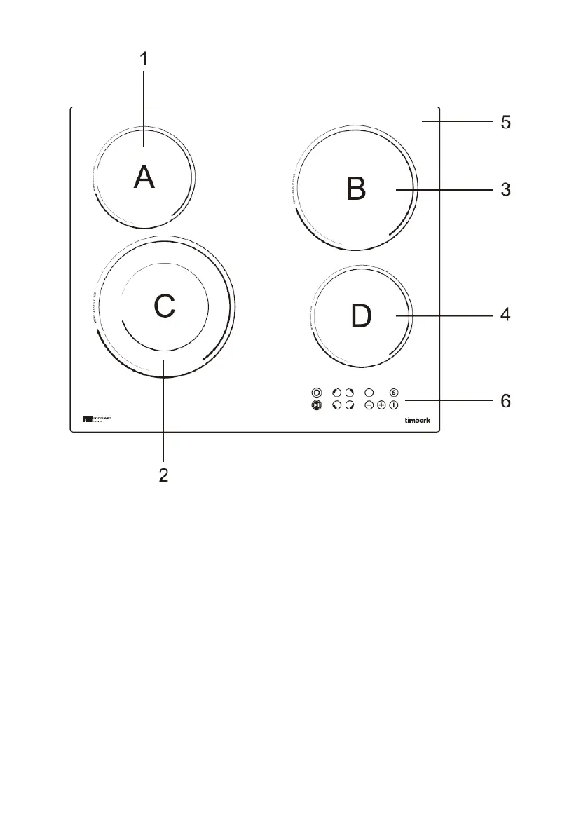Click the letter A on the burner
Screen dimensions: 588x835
click(x=144, y=177)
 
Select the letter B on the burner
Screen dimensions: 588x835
click(x=357, y=189)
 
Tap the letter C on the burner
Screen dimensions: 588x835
click(x=164, y=306)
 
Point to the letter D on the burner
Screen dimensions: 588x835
click(x=362, y=316)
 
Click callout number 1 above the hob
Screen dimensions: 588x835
click(x=144, y=59)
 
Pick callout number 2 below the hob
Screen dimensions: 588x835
click(x=163, y=475)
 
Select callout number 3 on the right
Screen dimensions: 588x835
click(x=505, y=190)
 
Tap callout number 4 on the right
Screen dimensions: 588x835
click(x=505, y=316)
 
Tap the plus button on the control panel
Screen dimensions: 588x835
click(x=381, y=405)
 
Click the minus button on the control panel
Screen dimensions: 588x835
click(x=369, y=405)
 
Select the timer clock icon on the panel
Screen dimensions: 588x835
click(x=369, y=392)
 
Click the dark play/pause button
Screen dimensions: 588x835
click(x=316, y=406)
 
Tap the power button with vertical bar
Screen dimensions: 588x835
click(x=394, y=405)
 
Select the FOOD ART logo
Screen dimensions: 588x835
click(x=96, y=419)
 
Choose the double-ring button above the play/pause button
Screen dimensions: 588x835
click(x=316, y=393)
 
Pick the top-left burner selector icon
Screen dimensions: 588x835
click(x=336, y=393)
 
